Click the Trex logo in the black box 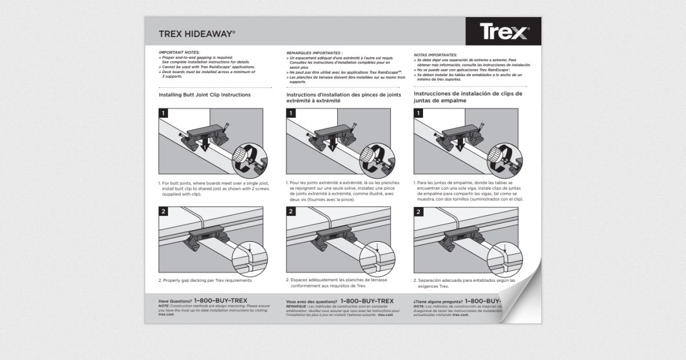tap(503, 32)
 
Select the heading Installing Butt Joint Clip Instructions tap(205, 94)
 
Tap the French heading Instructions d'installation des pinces tap(343, 97)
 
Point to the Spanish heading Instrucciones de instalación tap(468, 97)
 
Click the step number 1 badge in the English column tap(163, 113)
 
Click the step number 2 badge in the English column tap(163, 212)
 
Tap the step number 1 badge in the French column tap(291, 113)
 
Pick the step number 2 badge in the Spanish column tap(418, 212)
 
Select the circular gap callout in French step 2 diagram tap(376, 256)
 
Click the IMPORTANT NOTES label tap(179, 53)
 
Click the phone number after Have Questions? tap(221, 300)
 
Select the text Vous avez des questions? tap(311, 301)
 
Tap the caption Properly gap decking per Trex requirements tap(205, 281)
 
